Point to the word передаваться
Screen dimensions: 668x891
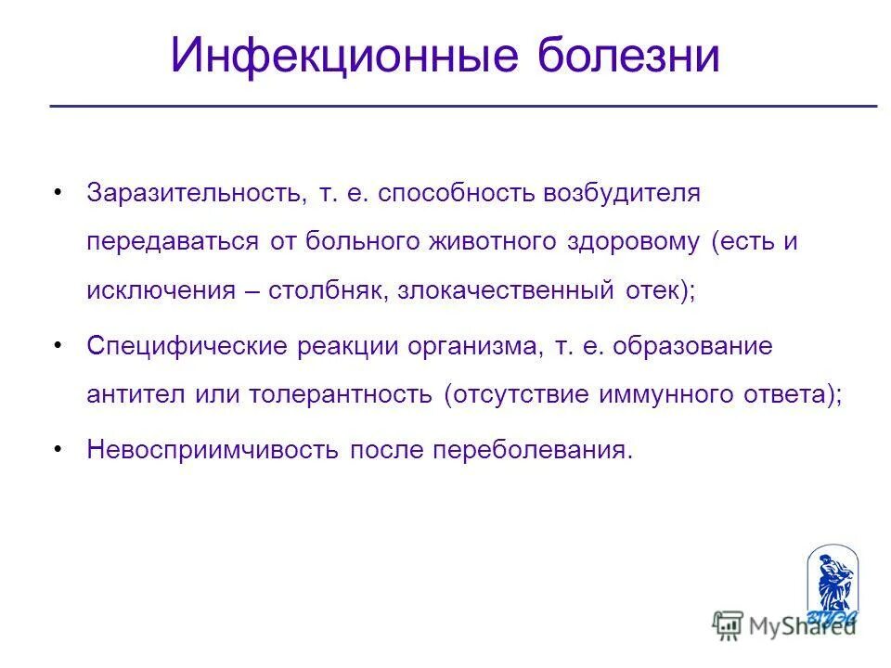click(x=173, y=241)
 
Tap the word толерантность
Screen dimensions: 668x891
click(x=341, y=394)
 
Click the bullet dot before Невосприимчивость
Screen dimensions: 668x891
click(x=58, y=449)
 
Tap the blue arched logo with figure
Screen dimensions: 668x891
click(x=832, y=584)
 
